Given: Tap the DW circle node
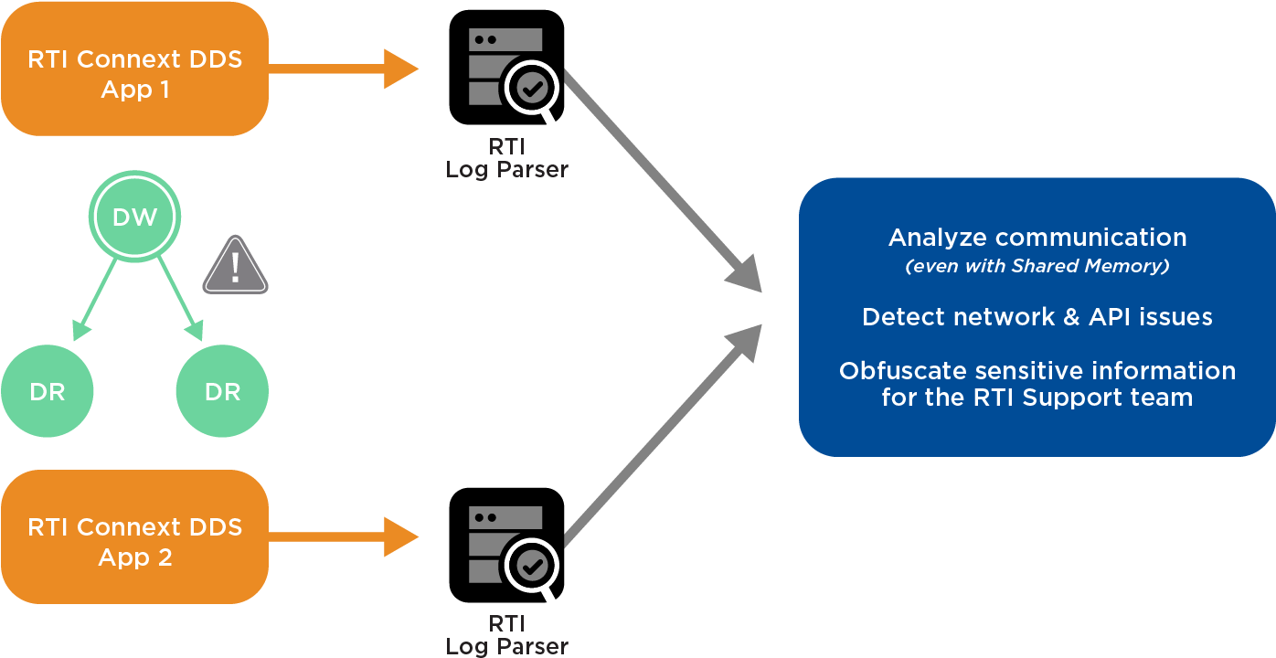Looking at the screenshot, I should pyautogui.click(x=135, y=218).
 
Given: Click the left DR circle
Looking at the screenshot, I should pyautogui.click(x=47, y=392).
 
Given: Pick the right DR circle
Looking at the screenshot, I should pyautogui.click(x=222, y=392).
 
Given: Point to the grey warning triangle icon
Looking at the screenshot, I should pyautogui.click(x=235, y=266).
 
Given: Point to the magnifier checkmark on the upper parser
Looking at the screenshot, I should pyautogui.click(x=534, y=89).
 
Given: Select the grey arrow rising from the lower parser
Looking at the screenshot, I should pyautogui.click(x=662, y=430).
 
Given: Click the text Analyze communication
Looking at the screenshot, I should pyautogui.click(x=1037, y=238).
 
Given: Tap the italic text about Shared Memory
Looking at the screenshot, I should pyautogui.click(x=1037, y=266).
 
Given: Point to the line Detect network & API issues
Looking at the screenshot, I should pyautogui.click(x=1037, y=317).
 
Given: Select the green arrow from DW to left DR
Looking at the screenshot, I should pyautogui.click(x=96, y=295).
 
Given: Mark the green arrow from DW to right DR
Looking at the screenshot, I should pyautogui.click(x=180, y=295).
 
